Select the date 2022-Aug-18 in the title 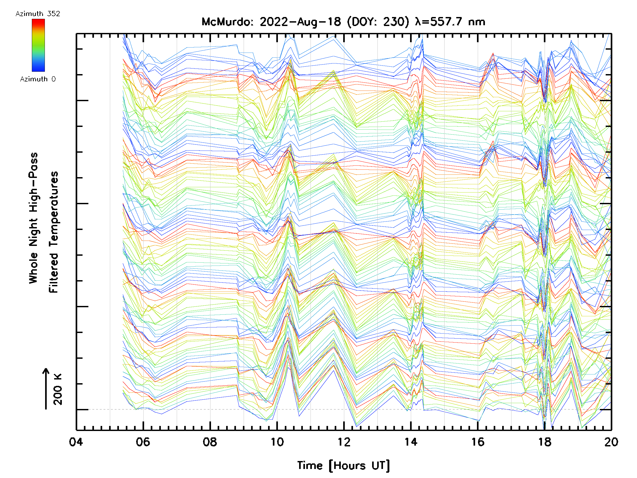[x=300, y=22]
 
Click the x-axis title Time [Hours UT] [x=343, y=466]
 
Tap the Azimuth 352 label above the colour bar [x=38, y=14]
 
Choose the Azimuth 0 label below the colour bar [x=38, y=79]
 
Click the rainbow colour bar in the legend [x=38, y=45]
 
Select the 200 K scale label [x=58, y=389]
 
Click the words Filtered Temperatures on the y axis [x=54, y=232]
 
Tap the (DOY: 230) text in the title [x=378, y=22]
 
